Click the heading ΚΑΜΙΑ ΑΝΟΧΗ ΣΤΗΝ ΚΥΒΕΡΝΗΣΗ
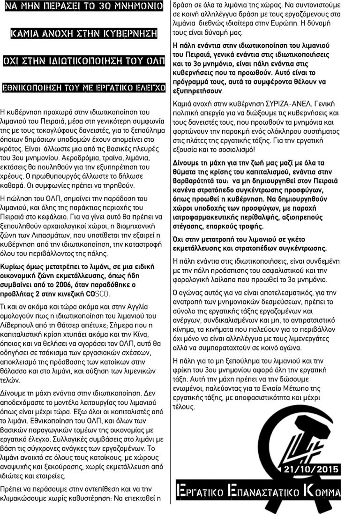tap(84, 34)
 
